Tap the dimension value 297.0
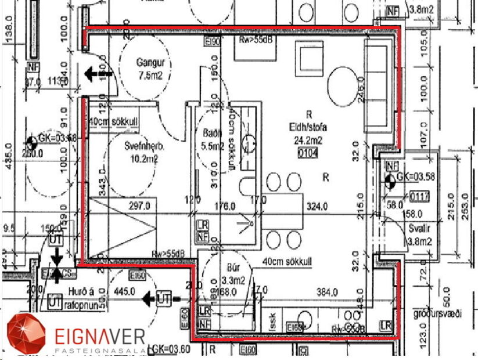140,206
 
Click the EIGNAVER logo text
99,336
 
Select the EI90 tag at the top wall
213,42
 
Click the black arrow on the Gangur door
91,74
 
